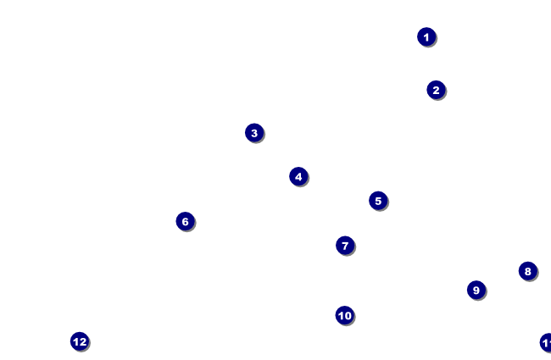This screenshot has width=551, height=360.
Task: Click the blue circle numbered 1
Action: point(426,36)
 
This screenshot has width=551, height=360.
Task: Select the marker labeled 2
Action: point(436,90)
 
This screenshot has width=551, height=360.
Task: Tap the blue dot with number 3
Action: point(254,133)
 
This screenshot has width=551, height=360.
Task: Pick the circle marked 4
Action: point(298,176)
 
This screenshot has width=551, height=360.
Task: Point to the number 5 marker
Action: point(378,201)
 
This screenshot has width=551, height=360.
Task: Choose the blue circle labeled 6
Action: point(185,221)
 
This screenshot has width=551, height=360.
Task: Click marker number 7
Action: point(344,246)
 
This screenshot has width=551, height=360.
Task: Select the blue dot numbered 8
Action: point(527,271)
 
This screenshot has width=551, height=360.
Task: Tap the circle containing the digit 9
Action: point(476,290)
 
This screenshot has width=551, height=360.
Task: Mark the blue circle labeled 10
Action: point(344,315)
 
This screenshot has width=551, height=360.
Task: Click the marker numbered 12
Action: point(80,341)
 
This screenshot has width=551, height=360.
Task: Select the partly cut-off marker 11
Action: point(546,342)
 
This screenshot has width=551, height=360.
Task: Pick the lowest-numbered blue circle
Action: point(426,36)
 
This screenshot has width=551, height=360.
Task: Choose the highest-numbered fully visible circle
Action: point(80,341)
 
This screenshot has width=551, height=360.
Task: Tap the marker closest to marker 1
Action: point(436,90)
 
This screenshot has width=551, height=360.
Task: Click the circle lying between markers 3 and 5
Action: point(298,176)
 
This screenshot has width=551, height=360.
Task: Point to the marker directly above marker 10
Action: point(344,246)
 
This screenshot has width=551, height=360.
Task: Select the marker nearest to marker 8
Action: point(476,290)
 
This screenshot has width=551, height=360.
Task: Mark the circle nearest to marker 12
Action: point(185,221)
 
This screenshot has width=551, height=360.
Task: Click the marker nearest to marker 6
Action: point(254,133)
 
